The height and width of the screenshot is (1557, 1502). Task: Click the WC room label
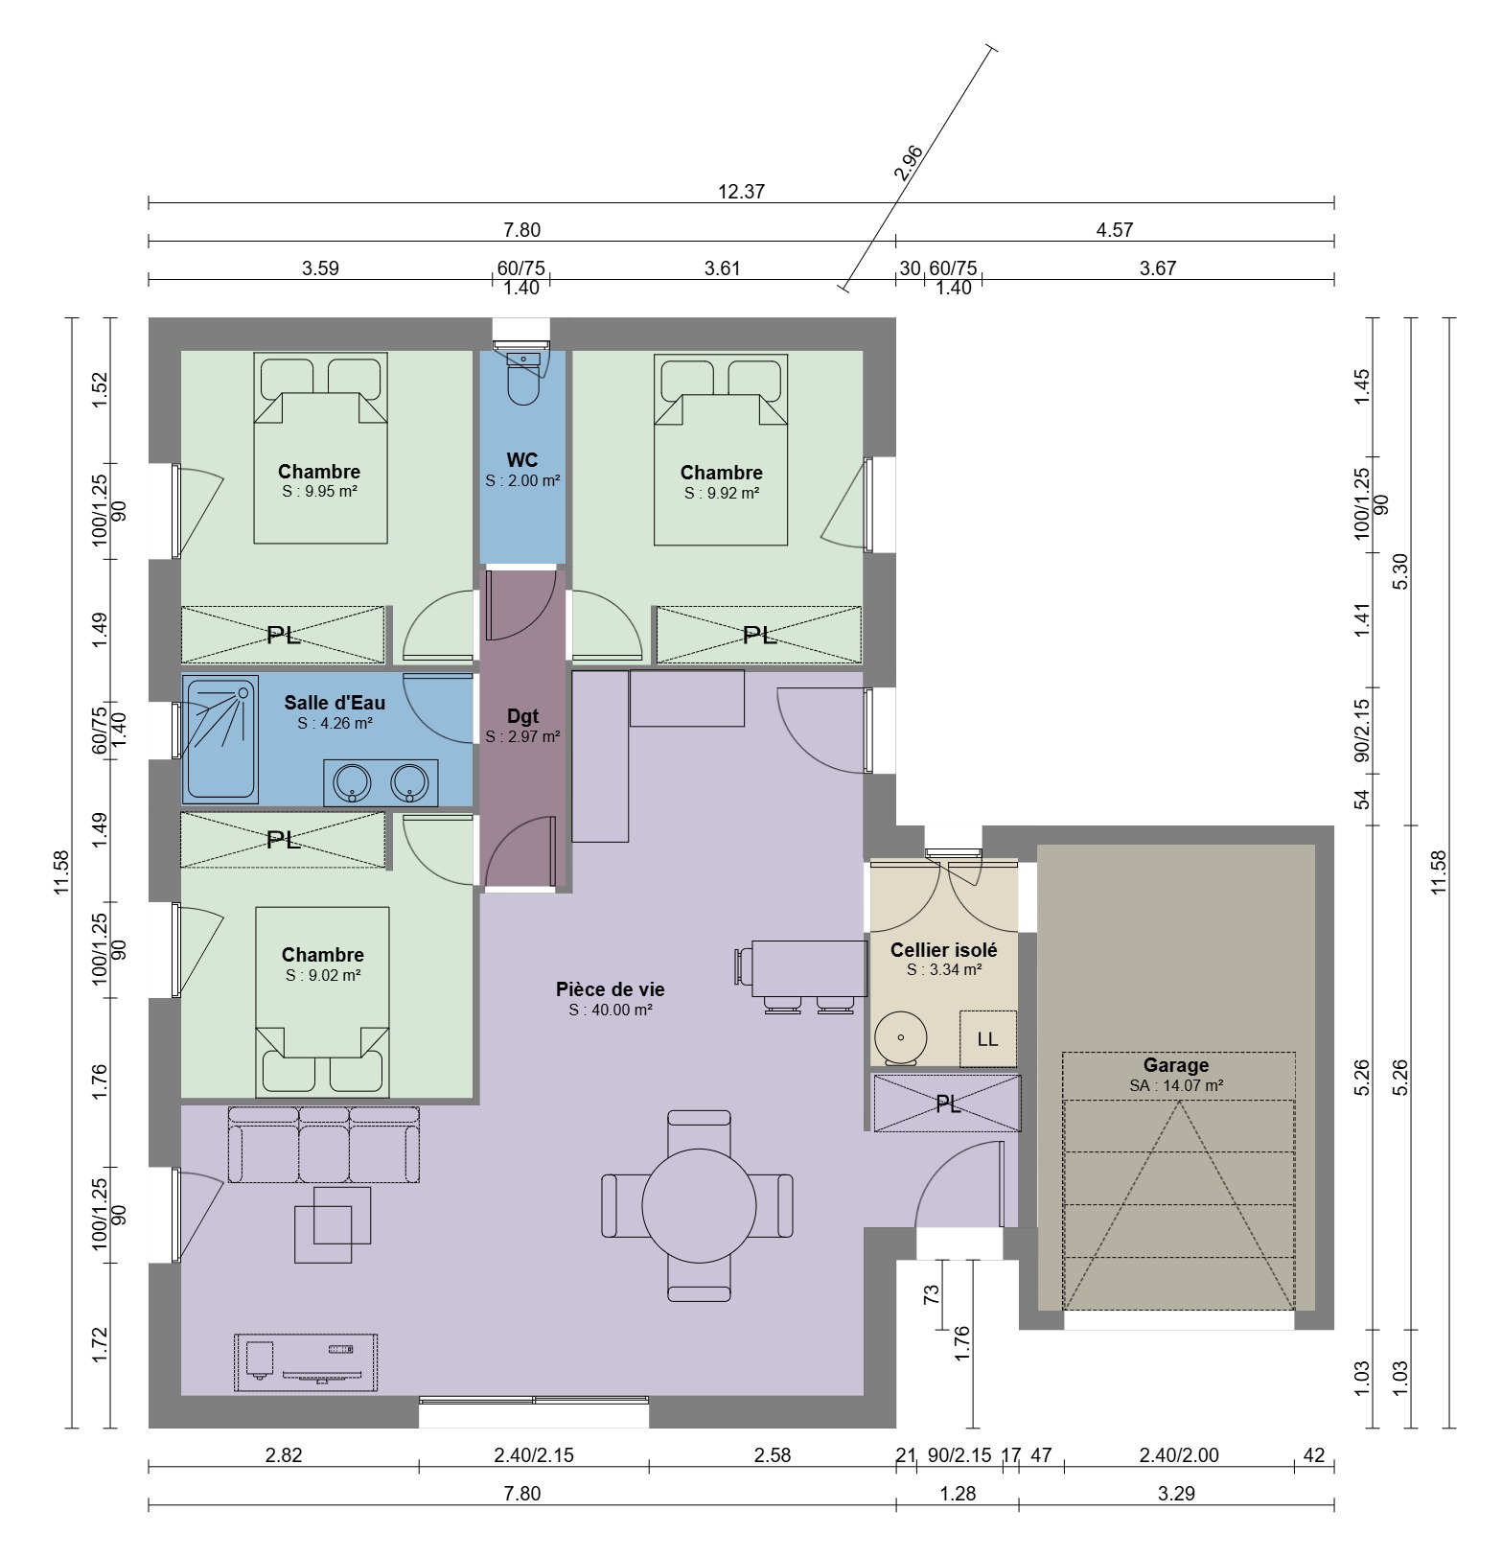coord(522,461)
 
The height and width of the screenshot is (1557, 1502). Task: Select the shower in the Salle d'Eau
coord(220,741)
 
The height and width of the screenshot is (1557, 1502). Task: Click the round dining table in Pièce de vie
coord(698,1205)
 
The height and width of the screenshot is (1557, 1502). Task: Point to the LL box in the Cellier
coord(987,1038)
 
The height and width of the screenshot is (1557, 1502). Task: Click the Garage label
coord(1176,1065)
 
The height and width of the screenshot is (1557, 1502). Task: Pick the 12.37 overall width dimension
coord(741,192)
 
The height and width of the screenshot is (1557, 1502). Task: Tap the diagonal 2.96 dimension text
coord(908,163)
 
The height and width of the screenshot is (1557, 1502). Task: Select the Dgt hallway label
coord(522,716)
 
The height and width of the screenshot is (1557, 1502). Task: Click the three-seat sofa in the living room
coord(324,1145)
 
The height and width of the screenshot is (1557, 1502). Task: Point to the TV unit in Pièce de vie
coord(306,1362)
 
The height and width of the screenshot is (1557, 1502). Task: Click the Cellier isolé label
coord(944,950)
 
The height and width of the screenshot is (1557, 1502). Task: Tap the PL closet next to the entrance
coord(947,1104)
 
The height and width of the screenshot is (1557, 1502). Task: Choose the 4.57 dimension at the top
coord(1115,230)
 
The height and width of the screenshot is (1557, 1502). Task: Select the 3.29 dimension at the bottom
coord(1176,1494)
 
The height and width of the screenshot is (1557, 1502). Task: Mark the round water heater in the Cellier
coord(900,1037)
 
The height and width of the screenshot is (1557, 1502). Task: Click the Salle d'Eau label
coord(335,703)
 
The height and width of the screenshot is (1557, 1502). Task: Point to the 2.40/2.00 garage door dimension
coord(1179,1455)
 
